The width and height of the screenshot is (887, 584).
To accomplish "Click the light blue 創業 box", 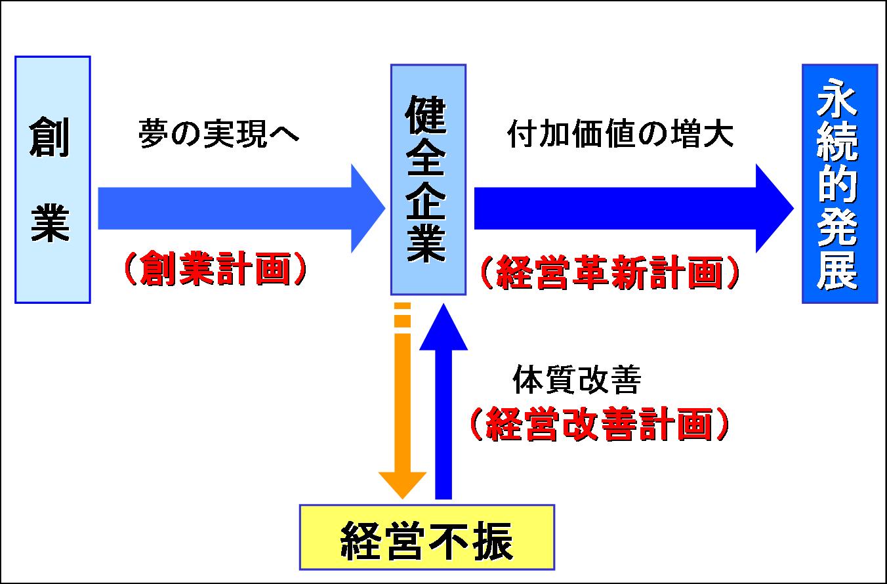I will coord(52,179).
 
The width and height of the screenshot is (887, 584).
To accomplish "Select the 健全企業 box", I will coord(428,179).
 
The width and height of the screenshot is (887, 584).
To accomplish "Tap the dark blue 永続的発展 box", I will coord(839,183).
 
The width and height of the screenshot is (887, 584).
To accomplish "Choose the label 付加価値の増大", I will coord(620,135).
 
